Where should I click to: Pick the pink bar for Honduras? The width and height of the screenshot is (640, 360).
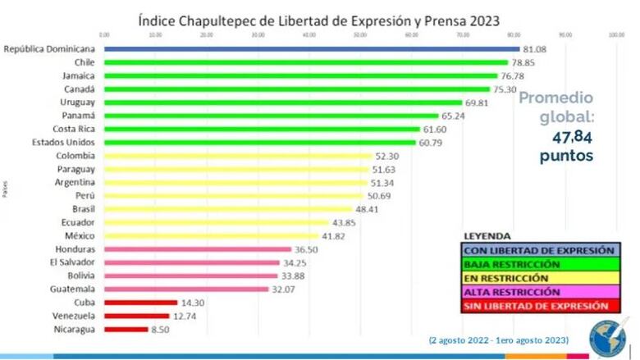pos(198,249)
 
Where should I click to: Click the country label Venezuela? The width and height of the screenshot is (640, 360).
pos(74,316)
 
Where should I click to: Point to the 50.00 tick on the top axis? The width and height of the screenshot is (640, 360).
pos(360,34)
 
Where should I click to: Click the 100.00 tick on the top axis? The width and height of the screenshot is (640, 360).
pos(616,34)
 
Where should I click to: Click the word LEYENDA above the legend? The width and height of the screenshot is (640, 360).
pos(487,235)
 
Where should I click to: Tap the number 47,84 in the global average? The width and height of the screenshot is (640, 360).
pos(565,136)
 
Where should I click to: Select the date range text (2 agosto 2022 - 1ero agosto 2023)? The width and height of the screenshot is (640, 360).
pos(497,340)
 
